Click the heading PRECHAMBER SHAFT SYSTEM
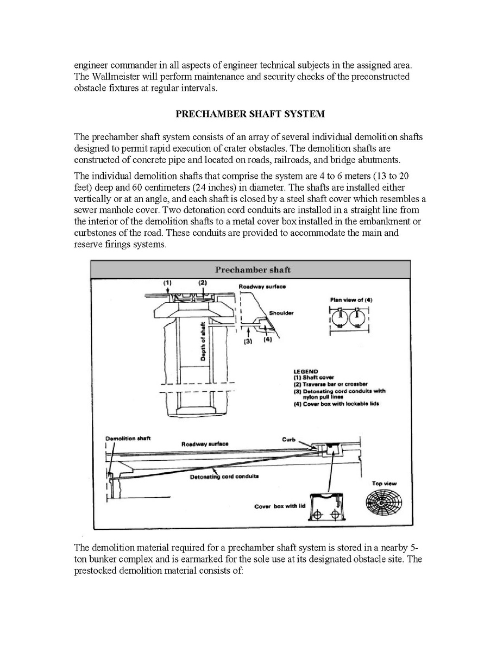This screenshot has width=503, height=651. tap(250, 114)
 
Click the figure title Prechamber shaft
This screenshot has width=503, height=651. tap(253, 270)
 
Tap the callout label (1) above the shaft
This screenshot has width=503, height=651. tap(168, 283)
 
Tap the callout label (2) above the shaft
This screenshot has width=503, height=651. tap(203, 283)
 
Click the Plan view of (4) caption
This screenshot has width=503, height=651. tap(351, 300)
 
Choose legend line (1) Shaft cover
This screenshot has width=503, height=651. tap(313, 378)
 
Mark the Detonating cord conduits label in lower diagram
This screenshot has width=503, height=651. tap(224, 477)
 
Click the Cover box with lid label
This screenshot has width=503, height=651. tap(280, 506)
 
